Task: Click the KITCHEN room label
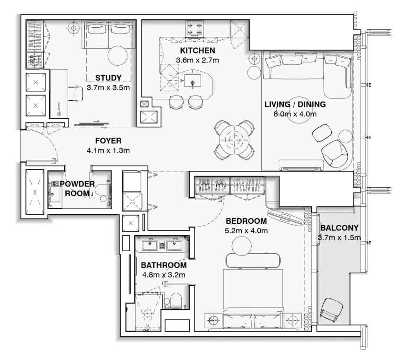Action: [197, 51]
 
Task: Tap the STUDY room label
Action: [108, 78]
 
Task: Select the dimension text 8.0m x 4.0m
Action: [295, 114]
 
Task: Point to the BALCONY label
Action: [340, 228]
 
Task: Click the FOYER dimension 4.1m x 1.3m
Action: [108, 150]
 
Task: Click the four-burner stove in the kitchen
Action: [194, 28]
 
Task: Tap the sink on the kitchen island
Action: [193, 83]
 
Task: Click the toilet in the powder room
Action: [103, 190]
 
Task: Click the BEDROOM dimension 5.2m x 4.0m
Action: [246, 231]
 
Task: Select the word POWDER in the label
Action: [77, 184]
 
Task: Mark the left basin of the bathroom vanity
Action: [150, 245]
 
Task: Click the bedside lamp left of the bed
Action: [213, 320]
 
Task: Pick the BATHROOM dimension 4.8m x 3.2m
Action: [163, 274]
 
